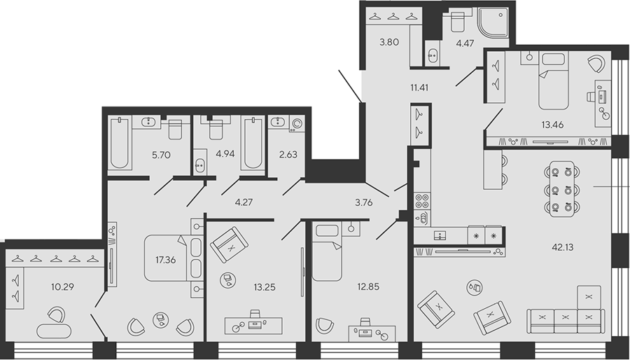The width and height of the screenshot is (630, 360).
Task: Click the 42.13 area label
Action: coord(563,247)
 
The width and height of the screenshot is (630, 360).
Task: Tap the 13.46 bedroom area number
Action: coord(552,125)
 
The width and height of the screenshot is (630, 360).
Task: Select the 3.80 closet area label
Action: coord(389,42)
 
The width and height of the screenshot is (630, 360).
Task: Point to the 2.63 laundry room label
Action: coord(288,154)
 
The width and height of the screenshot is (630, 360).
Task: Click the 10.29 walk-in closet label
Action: coord(62,287)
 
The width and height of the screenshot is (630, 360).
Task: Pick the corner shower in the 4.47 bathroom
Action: coord(493,22)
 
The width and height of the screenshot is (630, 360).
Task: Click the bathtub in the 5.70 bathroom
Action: coord(120,143)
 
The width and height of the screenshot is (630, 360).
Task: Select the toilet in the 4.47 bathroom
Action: coord(458,21)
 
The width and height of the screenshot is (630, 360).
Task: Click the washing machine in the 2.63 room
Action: coord(297,124)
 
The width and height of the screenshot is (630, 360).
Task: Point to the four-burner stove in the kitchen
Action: coord(422,200)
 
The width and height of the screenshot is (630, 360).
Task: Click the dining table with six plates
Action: coord(561,189)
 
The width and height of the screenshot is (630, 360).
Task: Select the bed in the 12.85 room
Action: coord(328,251)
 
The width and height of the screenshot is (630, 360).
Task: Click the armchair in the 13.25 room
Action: coord(229,244)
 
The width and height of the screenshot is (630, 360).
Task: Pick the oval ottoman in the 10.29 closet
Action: coord(54,331)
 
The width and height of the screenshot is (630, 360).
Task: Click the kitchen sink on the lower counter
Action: coord(440,235)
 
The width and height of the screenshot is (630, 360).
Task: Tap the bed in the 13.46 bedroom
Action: coord(554,81)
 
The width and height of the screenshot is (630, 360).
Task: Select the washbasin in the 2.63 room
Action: coord(278,122)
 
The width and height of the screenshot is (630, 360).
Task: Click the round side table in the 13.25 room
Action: coord(227,280)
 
